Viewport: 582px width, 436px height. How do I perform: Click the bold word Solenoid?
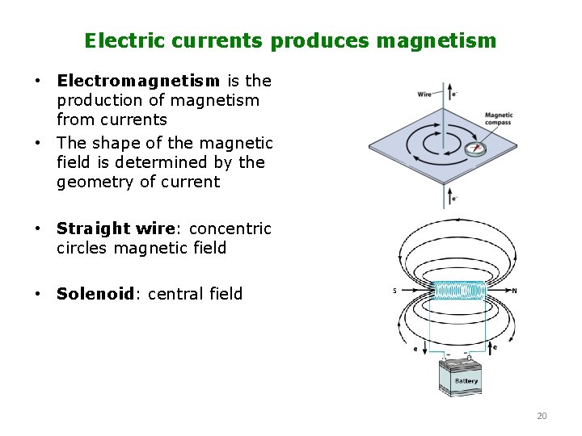(x=94, y=294)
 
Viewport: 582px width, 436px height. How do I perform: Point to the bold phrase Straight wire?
(x=116, y=228)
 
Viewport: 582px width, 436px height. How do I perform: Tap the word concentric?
(x=230, y=228)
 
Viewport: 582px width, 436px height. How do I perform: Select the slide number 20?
(x=542, y=416)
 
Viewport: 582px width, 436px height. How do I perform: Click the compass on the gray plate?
(x=475, y=148)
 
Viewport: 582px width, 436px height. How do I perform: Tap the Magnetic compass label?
(x=499, y=119)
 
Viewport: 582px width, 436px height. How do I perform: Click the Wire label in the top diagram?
(x=424, y=94)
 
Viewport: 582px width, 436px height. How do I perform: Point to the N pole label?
(x=515, y=291)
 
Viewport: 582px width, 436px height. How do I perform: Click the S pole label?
(x=394, y=291)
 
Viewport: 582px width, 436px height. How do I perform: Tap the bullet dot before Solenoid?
(x=37, y=294)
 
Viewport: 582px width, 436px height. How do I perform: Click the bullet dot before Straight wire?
(x=37, y=228)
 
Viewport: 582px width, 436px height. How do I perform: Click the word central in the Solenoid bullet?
(x=177, y=294)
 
